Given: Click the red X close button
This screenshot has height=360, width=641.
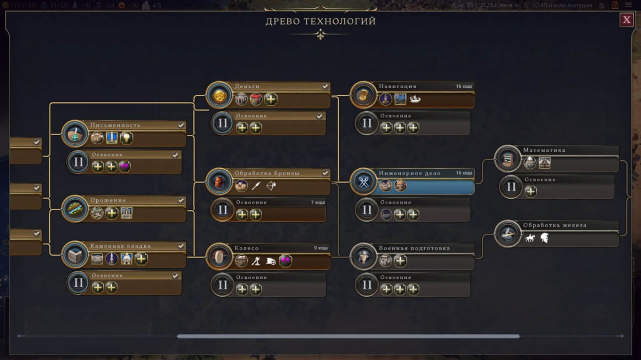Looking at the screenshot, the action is pos(626,20).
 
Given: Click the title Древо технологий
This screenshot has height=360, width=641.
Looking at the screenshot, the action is pos(320,21).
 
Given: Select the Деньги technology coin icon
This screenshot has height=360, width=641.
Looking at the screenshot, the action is pos(219,95).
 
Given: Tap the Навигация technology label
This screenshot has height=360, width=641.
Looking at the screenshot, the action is pos(397,86).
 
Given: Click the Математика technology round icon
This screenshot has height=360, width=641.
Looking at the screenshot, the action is pos(507,158).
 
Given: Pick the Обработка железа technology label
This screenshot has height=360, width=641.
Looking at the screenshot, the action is pos(554,225).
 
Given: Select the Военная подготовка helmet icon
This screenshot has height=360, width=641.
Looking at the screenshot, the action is pos(363,257).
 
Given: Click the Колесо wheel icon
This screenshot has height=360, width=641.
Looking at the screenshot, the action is pos(219,257).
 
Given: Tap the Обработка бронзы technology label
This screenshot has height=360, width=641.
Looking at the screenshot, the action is pos(267,173).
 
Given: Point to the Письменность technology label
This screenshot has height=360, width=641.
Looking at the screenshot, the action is pos(115,125).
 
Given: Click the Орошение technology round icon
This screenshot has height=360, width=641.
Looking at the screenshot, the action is pos(75,209).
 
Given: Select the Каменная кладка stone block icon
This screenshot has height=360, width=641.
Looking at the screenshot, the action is pos(75,255).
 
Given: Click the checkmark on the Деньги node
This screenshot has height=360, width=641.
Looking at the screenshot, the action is pos(325,86).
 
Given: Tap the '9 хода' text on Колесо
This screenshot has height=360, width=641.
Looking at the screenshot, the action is pos(320,248).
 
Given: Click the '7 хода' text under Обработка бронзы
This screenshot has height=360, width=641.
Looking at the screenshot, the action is pos(318,202).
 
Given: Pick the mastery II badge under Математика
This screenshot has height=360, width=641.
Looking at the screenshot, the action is pos(511,187).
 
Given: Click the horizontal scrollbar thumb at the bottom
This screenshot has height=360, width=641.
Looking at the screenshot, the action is pos(348,336).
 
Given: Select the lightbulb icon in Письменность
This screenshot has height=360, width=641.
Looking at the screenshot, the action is pos(126,138).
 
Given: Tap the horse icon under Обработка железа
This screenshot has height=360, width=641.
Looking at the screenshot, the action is pos(530,238).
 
